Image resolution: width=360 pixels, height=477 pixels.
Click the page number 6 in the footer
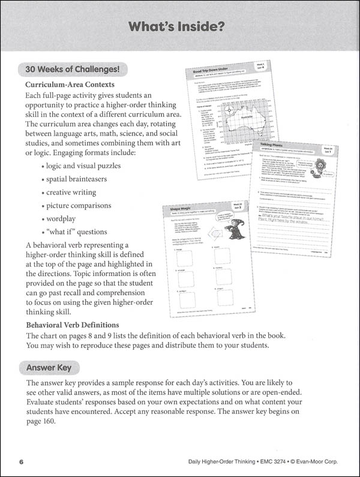21,461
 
